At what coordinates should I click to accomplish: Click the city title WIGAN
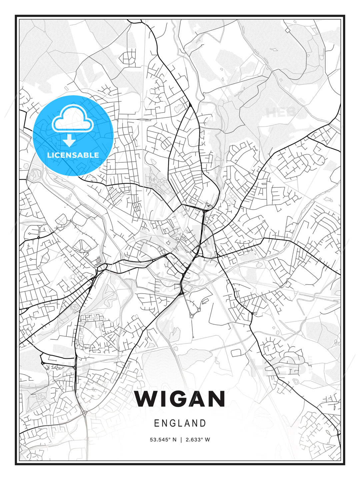tap(180, 399)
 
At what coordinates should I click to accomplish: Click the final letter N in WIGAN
tap(217, 399)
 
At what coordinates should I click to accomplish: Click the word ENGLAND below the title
tap(180, 423)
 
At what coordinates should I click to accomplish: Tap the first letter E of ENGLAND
tap(156, 423)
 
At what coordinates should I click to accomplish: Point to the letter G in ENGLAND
tap(172, 423)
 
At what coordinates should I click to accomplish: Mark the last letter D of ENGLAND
tap(203, 423)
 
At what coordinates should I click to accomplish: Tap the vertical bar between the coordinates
tap(181, 440)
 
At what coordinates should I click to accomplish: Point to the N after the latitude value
tap(174, 440)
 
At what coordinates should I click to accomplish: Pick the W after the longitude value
tap(207, 440)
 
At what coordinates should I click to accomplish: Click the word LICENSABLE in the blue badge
tap(73, 155)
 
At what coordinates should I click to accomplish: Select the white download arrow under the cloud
tap(69, 141)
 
